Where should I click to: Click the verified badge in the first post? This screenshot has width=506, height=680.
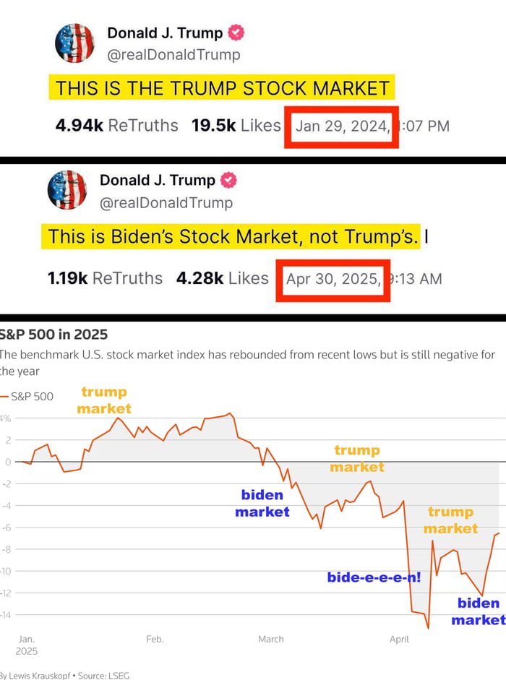pos(237,33)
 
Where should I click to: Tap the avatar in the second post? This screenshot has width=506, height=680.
pos(67,190)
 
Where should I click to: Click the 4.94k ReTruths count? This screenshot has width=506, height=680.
pos(116,125)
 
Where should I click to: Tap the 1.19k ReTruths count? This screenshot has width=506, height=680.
pos(105,278)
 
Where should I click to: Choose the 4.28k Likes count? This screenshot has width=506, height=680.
pos(222,278)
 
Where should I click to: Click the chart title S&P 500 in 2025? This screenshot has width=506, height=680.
pos(54,334)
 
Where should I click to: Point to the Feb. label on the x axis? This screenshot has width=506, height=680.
pos(155,639)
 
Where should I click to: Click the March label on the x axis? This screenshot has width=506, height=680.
pos(271,639)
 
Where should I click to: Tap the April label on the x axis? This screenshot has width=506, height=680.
pos(399,639)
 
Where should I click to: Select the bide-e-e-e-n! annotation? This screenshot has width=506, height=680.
pos(374,577)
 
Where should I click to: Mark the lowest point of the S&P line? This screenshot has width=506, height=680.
pos(428,628)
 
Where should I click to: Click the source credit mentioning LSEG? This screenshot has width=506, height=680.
pos(65,674)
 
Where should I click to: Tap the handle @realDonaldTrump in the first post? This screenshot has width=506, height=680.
pos(173,54)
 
